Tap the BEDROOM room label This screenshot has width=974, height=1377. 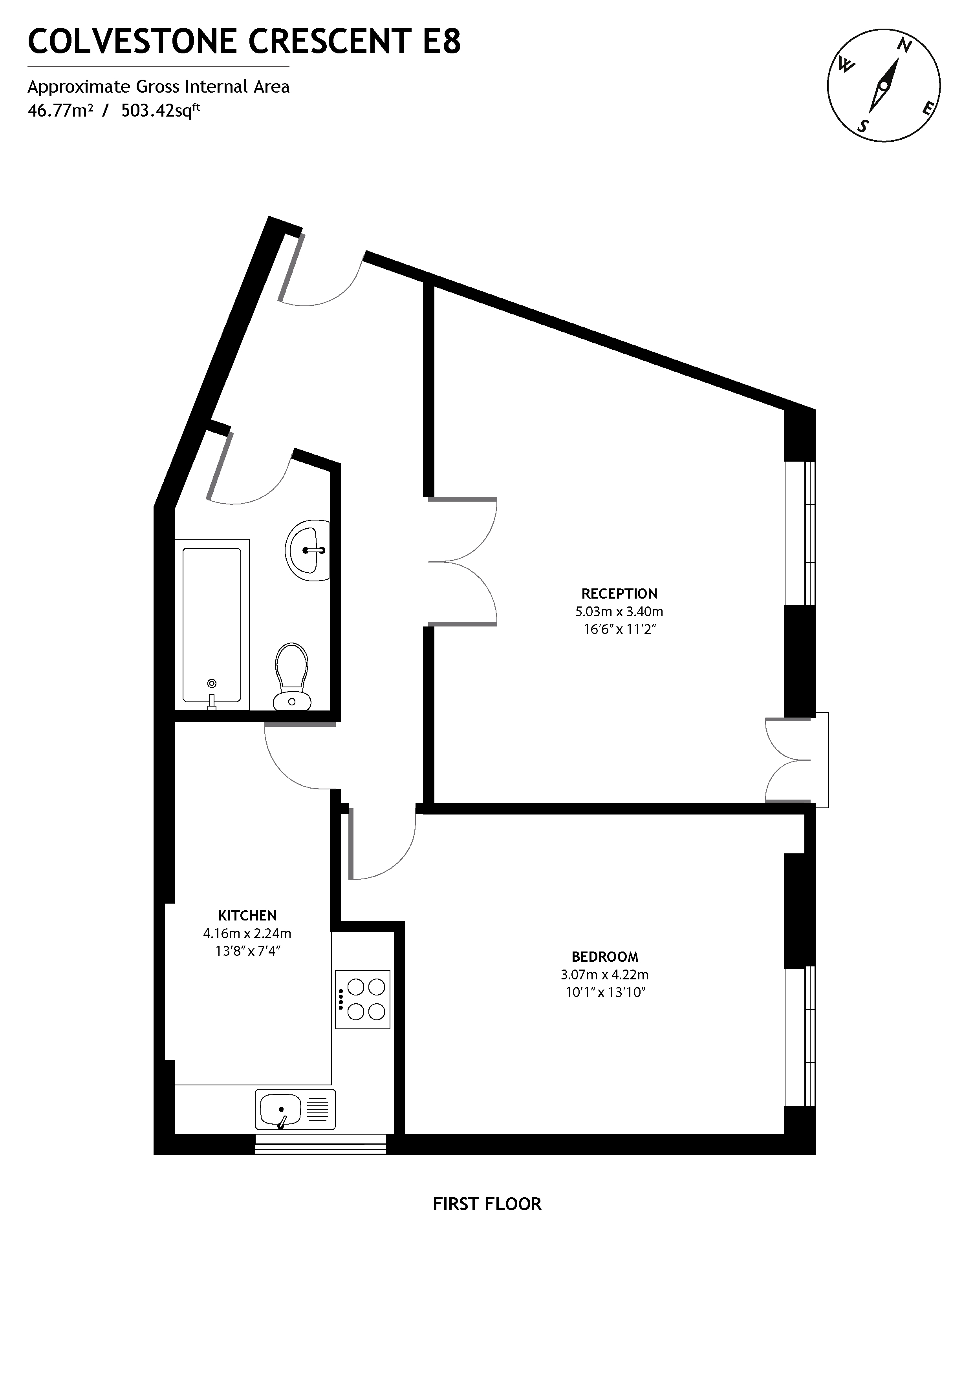click(604, 957)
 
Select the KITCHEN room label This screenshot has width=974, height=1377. click(247, 915)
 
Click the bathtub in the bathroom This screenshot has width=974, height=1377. click(211, 624)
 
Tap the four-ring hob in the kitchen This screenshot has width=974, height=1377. click(363, 999)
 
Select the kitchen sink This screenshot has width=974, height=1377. click(295, 1110)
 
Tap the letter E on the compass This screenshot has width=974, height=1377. click(927, 109)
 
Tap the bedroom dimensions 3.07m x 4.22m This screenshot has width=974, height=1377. click(604, 975)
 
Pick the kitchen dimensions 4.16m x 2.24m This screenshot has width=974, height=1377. click(247, 933)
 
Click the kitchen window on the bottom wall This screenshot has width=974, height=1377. click(320, 1144)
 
